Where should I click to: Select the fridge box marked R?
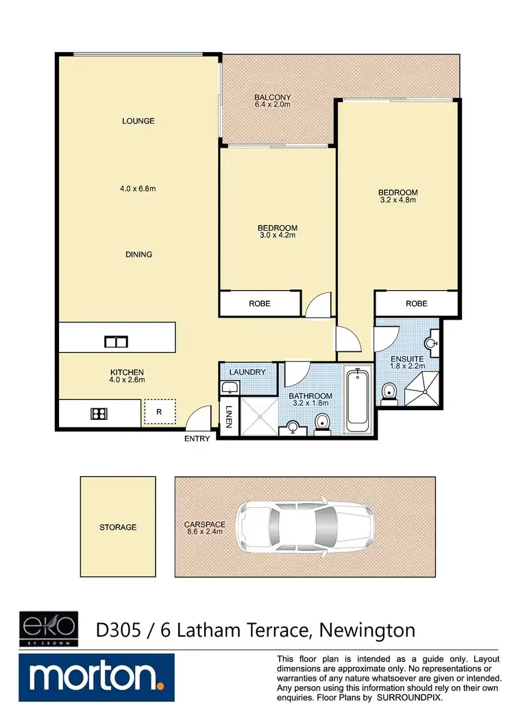(159, 413)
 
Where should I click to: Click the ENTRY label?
(197, 439)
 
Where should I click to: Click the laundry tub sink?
(230, 388)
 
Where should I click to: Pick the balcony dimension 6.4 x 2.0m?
(273, 105)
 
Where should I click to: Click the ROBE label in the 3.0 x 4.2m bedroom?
(259, 303)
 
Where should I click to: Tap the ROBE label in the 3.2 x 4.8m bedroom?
(416, 303)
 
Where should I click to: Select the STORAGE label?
(117, 528)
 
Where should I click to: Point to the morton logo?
(97, 677)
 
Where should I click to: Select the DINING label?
(138, 255)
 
